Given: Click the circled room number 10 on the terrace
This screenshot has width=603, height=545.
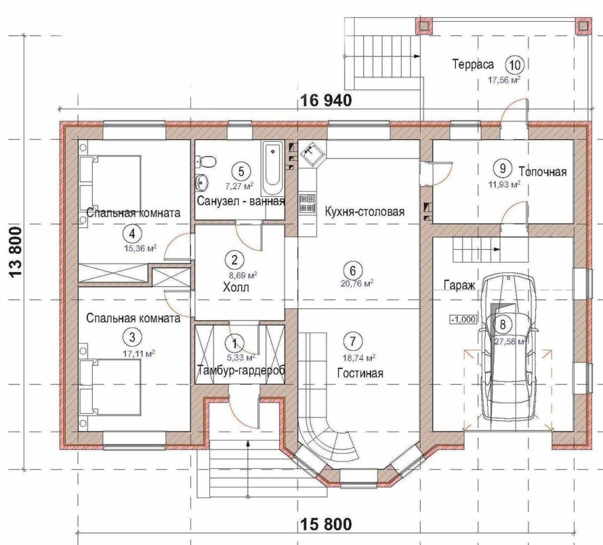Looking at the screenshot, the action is click(515, 65).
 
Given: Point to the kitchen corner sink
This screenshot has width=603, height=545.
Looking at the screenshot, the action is click(312, 152).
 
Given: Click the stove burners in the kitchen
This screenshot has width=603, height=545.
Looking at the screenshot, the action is click(307, 204).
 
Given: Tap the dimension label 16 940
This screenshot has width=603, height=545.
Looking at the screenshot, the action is click(325, 101).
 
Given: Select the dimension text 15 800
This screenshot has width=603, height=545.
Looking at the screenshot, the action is click(325, 524).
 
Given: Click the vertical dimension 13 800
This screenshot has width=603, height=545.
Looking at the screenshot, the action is click(15, 252).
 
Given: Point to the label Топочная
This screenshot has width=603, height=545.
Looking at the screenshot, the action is click(543, 172).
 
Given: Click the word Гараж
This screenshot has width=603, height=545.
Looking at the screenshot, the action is click(460, 286).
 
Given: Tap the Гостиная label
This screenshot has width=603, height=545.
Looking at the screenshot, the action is click(360, 373).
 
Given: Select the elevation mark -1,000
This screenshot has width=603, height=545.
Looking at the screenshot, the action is click(463, 320).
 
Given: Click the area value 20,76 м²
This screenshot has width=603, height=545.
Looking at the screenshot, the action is click(357, 284).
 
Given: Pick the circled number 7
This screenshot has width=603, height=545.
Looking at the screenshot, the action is click(353, 341).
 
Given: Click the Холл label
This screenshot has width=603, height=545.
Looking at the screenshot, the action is click(236, 288).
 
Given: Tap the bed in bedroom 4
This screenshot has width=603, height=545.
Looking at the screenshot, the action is click(109, 183).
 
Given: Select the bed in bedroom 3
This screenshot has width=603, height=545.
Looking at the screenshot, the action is click(109, 387).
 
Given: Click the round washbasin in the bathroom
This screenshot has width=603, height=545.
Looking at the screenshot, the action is click(201, 182).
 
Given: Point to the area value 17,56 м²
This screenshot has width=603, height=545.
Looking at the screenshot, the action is click(504, 80).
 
